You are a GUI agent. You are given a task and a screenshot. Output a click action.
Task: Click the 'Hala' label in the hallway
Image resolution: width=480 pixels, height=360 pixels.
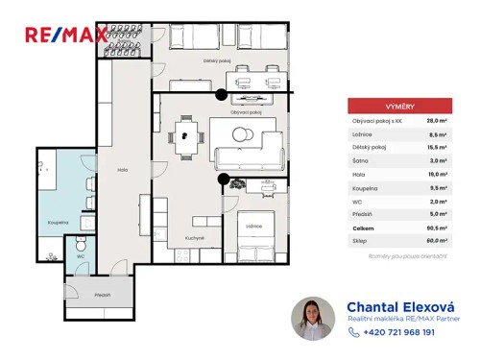[x=122, y=169]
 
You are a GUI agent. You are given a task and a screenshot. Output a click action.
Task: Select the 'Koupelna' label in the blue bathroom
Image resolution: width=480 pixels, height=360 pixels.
[x=58, y=220]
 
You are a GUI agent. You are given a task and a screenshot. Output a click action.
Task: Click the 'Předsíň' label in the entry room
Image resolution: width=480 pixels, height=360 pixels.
[x=103, y=294]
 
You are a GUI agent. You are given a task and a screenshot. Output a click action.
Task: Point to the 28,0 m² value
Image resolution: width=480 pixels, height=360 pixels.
[x=433, y=121]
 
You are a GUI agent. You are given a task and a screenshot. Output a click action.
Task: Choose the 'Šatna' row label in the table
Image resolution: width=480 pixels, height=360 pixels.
[x=361, y=161]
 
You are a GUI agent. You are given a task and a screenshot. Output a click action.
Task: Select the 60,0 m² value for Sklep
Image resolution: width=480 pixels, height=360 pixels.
[x=432, y=242]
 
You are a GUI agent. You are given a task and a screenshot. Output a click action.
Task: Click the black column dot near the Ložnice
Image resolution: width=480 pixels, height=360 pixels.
[x=223, y=180]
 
